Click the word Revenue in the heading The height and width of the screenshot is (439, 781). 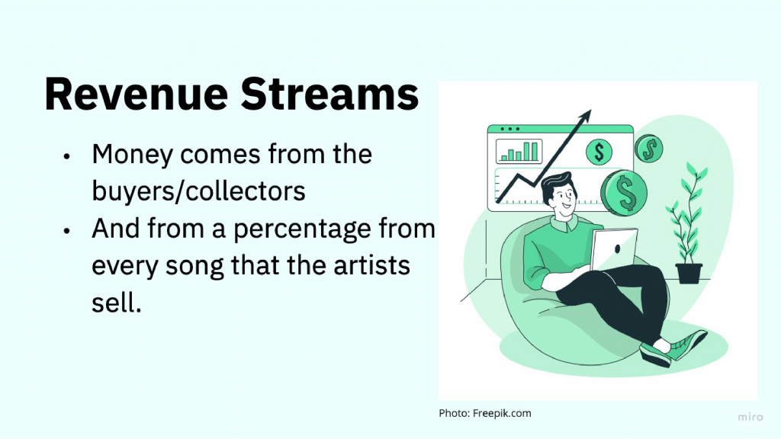tap(137, 94)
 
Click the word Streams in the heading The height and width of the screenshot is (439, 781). tap(329, 94)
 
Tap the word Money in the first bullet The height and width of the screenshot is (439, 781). tap(133, 155)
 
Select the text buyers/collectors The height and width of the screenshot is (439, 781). tap(198, 191)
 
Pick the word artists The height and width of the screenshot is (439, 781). tap(371, 264)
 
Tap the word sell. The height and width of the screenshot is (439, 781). tap(117, 302)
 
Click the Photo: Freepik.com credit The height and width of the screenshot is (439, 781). tap(485, 413)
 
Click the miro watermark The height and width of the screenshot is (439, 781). tap(750, 417)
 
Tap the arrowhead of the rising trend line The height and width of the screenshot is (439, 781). tap(585, 117)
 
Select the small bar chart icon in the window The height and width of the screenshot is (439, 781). tap(519, 152)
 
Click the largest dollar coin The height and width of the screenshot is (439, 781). tap(624, 193)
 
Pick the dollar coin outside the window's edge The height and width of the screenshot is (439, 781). tap(649, 149)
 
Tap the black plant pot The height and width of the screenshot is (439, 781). tap(689, 274)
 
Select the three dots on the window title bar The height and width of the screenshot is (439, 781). tap(510, 129)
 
